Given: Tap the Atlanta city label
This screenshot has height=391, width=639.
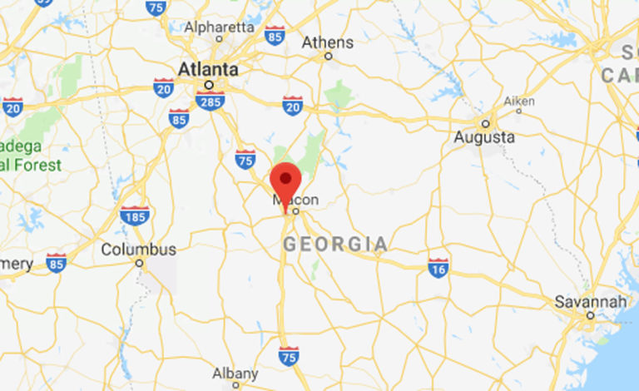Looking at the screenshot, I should (x=208, y=69).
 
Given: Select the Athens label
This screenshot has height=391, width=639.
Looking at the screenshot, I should (x=327, y=42).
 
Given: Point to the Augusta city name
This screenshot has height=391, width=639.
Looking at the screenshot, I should (x=483, y=137).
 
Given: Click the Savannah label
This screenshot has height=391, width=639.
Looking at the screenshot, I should (x=591, y=301).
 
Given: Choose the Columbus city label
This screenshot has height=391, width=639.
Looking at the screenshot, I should (x=138, y=250).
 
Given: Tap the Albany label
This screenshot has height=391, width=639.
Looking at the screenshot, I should (x=235, y=374).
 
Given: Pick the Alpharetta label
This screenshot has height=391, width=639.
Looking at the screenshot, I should (x=219, y=27).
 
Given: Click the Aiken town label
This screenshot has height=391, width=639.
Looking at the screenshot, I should (x=518, y=101).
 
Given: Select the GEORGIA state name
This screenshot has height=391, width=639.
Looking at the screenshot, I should (x=335, y=245).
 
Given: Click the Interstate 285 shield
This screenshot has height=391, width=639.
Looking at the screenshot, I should (x=210, y=101).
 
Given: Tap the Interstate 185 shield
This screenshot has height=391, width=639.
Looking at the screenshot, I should (x=135, y=215).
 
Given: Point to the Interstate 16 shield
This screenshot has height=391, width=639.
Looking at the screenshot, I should (x=438, y=267).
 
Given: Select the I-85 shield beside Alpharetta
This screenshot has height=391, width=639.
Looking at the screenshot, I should (x=275, y=34).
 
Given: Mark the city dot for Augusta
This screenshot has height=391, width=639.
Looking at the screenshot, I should (x=484, y=121).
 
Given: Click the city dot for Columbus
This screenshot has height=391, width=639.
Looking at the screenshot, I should (x=139, y=264).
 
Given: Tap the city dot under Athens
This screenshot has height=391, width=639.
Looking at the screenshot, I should (x=328, y=57).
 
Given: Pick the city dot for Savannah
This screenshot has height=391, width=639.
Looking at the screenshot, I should (x=590, y=316).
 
